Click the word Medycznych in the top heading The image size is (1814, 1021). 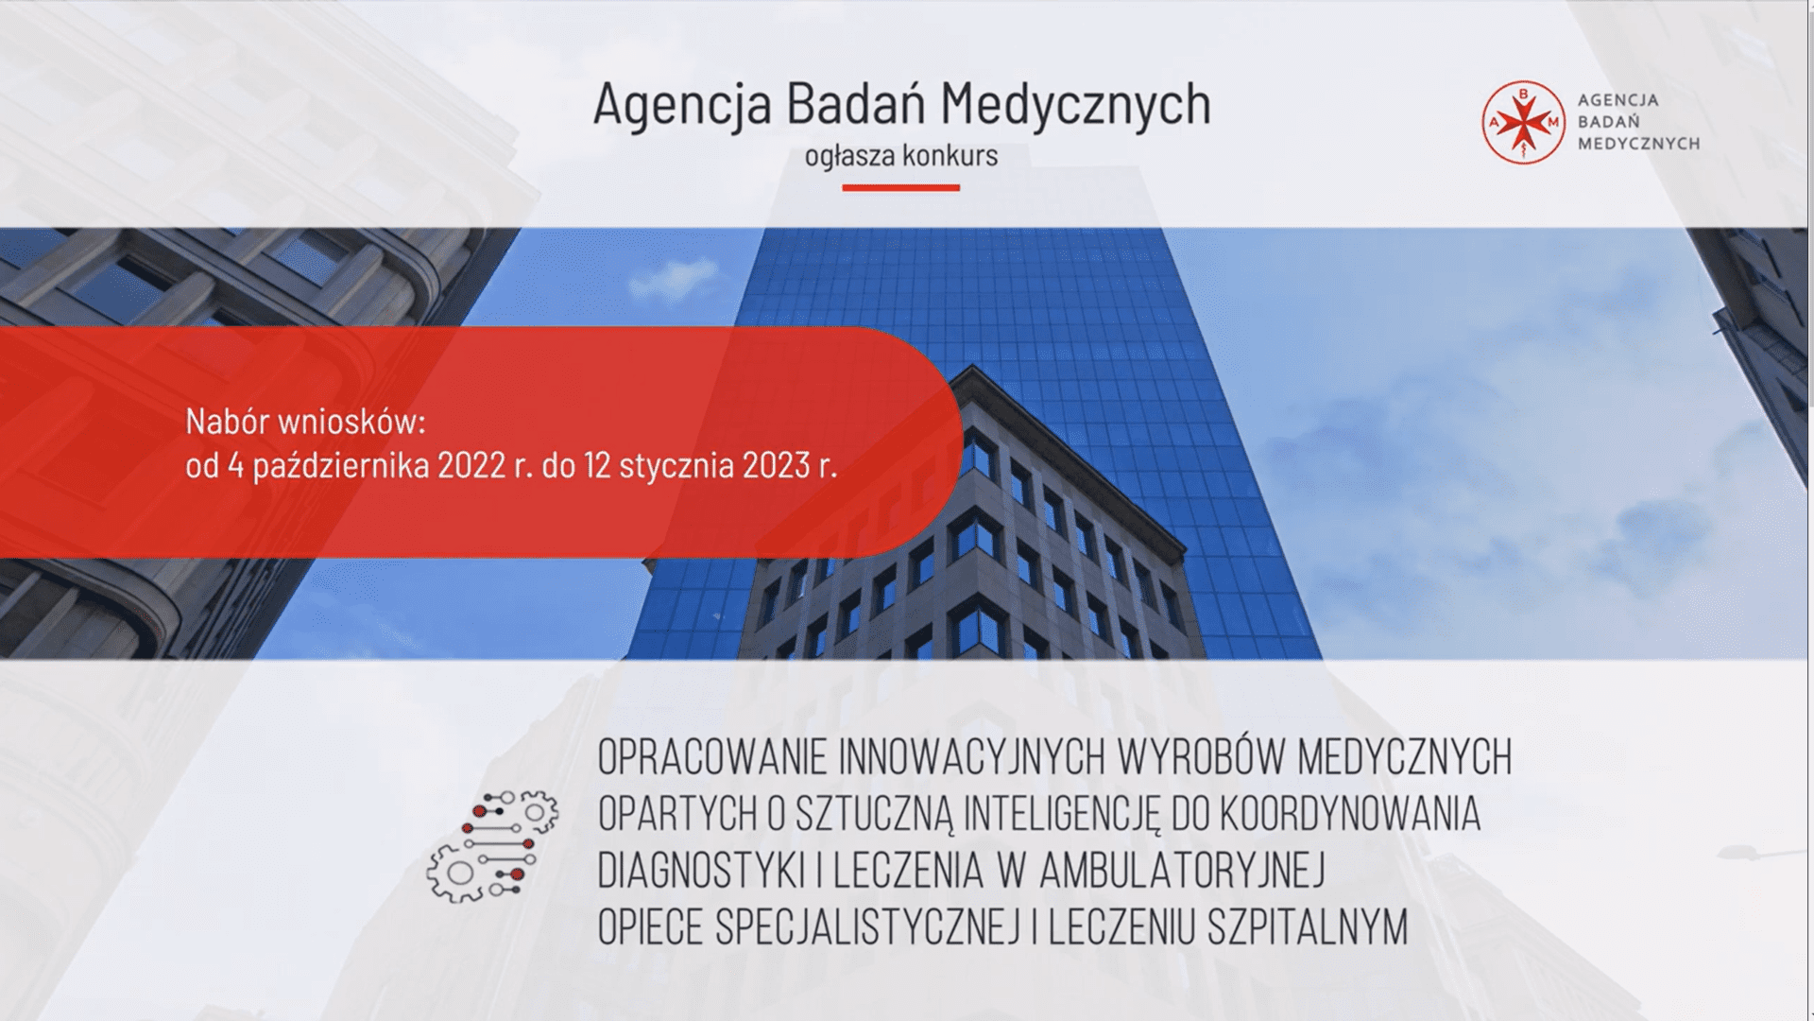(x=1075, y=105)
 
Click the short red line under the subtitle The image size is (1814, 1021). (x=900, y=187)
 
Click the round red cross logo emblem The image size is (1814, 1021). (x=1523, y=122)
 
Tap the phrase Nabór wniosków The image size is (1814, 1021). (x=306, y=422)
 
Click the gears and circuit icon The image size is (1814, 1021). (x=492, y=845)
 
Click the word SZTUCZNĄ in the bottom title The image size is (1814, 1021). (x=873, y=816)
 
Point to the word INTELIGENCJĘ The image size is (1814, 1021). (x=1061, y=816)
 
